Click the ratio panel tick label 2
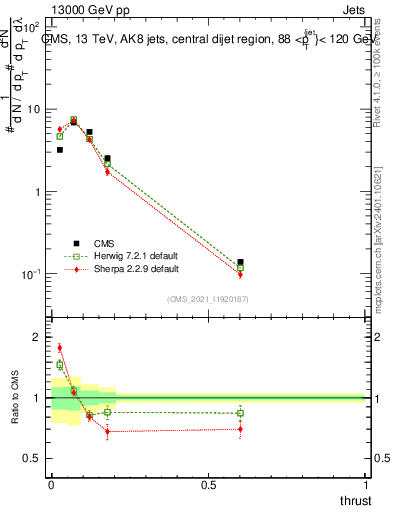point(38,337)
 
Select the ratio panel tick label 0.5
point(32,458)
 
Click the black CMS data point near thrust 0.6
point(240,262)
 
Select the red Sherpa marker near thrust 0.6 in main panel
point(240,274)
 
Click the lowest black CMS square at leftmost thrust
point(60,150)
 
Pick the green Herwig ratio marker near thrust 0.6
point(240,413)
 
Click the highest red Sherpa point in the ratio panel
point(60,348)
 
